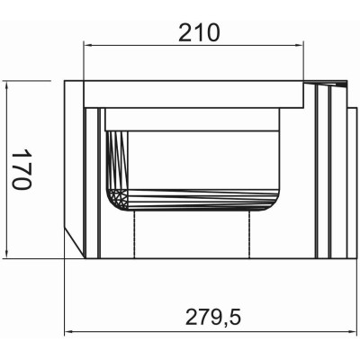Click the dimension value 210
199,32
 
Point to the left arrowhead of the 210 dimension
87,44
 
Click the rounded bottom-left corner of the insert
116,202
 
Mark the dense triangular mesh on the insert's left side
114,162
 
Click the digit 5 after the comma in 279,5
235,318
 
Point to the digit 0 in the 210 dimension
212,32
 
